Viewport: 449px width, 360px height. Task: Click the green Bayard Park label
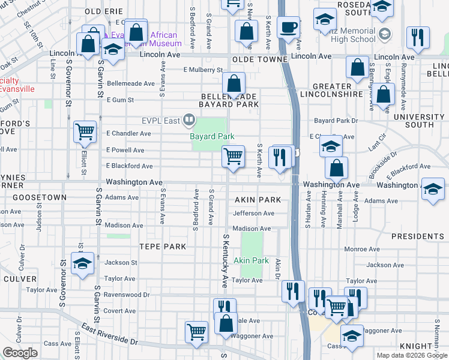point(212,137)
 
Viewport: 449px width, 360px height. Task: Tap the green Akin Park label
point(251,260)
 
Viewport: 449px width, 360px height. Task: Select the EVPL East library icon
point(190,121)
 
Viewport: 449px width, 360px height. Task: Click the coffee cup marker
point(288,28)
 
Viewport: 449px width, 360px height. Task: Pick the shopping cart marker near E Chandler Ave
point(85,132)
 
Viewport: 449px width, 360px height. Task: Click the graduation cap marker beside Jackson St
point(82,263)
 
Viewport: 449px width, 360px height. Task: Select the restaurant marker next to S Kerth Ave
point(279,157)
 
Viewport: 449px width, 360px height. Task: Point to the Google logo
point(20,353)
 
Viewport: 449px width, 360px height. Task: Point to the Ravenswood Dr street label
point(126,295)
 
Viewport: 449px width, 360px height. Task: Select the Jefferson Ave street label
point(253,213)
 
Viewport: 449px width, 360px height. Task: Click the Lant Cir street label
point(377,144)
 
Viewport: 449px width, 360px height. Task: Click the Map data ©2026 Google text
point(411,355)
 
